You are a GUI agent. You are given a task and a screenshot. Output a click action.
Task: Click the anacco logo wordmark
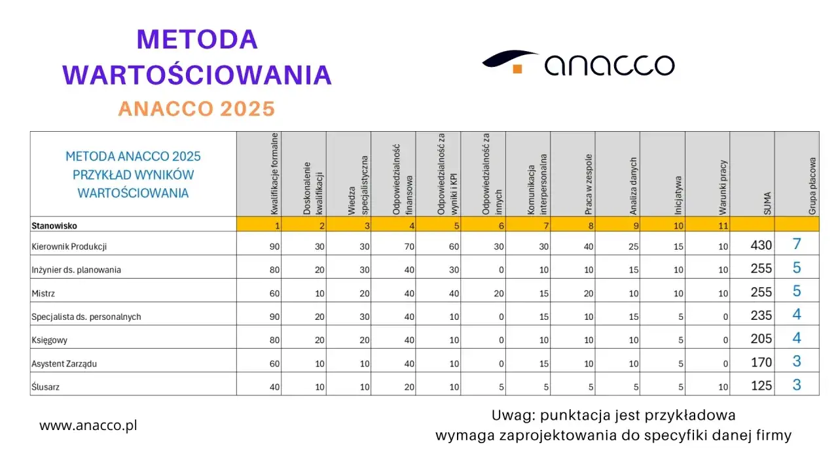(609, 65)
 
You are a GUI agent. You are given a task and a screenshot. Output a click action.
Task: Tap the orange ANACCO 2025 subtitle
(196, 109)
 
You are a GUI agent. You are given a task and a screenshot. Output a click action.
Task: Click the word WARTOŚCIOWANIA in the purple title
(197, 75)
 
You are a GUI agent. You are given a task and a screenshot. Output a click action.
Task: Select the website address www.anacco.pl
(88, 425)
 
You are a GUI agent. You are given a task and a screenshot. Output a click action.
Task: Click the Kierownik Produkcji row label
(69, 246)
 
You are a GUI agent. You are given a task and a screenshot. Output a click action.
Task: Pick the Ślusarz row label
(46, 387)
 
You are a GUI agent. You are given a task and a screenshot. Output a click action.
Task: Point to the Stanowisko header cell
(54, 226)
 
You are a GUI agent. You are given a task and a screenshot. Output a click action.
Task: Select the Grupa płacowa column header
(812, 186)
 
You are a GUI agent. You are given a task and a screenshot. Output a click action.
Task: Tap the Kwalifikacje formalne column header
(275, 174)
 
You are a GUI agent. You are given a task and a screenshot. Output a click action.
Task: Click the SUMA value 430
(761, 246)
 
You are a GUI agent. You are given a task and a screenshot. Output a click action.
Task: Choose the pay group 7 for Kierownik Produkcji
(797, 245)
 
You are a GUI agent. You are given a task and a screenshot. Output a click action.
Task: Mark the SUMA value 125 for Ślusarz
(761, 386)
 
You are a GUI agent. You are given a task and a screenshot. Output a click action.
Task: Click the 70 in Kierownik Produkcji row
(409, 246)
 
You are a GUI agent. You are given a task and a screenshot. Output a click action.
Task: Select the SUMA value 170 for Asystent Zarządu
(761, 363)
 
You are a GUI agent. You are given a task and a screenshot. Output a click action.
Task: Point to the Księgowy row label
(50, 340)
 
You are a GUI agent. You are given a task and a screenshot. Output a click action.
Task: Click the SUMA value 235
(761, 316)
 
